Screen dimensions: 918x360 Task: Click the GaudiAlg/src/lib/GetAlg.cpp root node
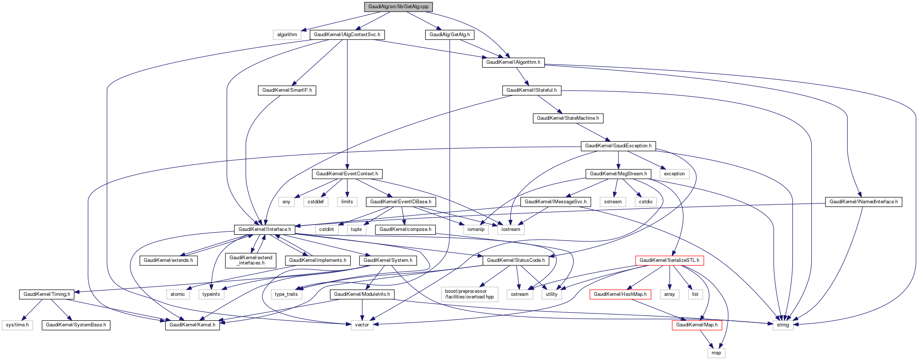click(x=398, y=7)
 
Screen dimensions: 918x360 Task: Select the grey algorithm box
click(x=287, y=35)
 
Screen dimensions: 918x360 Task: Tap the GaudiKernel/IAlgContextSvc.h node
click(x=347, y=35)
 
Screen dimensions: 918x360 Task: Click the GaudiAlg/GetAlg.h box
click(x=450, y=35)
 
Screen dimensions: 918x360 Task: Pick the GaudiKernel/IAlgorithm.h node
click(x=513, y=62)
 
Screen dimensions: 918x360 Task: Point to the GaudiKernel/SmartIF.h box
click(x=287, y=90)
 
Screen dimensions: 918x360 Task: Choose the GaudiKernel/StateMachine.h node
click(x=568, y=118)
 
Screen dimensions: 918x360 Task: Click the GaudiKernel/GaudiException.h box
click(x=618, y=146)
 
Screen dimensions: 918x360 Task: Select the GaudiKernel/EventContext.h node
click(x=347, y=174)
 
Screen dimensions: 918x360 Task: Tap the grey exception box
click(x=674, y=174)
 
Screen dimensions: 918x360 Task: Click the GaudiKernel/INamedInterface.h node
click(x=864, y=202)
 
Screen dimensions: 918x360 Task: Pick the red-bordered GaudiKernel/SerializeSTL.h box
click(x=669, y=260)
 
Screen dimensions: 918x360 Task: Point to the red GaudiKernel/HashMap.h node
click(x=620, y=294)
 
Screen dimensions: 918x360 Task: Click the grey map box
click(x=716, y=353)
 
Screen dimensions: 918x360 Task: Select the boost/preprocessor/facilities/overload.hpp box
click(x=469, y=294)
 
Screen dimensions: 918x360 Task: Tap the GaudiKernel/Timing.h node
click(x=47, y=294)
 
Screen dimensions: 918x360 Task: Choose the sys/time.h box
click(x=17, y=325)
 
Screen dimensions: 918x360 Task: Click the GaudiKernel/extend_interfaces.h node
click(x=251, y=260)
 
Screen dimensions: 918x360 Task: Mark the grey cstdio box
click(x=646, y=202)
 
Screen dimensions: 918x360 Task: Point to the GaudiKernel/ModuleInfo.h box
click(x=362, y=294)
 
